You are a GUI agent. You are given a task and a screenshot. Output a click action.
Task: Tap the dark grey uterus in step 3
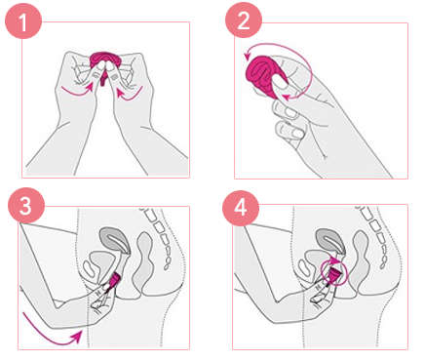[108, 237]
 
